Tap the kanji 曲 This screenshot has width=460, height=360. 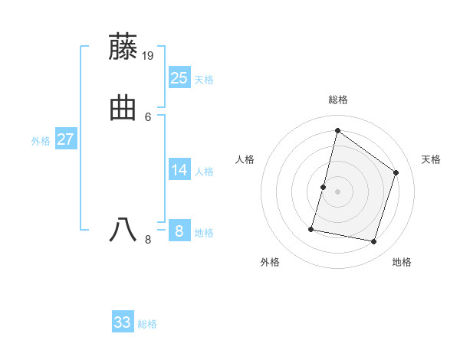coord(123,108)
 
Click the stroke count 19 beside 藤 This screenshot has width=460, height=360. coord(149,55)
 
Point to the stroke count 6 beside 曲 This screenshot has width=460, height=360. coord(148,116)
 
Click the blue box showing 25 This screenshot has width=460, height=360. coord(179,77)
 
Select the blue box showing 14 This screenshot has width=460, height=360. coord(179,170)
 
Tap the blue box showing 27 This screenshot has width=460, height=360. coord(66,139)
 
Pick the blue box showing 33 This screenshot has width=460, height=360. coord(123,322)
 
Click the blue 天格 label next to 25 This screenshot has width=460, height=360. coord(204,80)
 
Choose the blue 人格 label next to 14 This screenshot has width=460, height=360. coord(204,172)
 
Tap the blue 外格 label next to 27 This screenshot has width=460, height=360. coord(41,141)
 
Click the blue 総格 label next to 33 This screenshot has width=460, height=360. coord(147,324)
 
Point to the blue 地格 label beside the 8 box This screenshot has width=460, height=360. coord(204,233)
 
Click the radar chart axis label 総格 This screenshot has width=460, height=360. coord(338,100)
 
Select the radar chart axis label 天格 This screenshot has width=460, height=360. coord(431,159)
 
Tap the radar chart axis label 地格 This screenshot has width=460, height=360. coord(402,262)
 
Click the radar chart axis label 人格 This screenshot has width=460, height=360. coord(245,159)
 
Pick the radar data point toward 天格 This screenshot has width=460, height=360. coord(396,172)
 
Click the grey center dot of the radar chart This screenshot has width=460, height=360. coord(338,191)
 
